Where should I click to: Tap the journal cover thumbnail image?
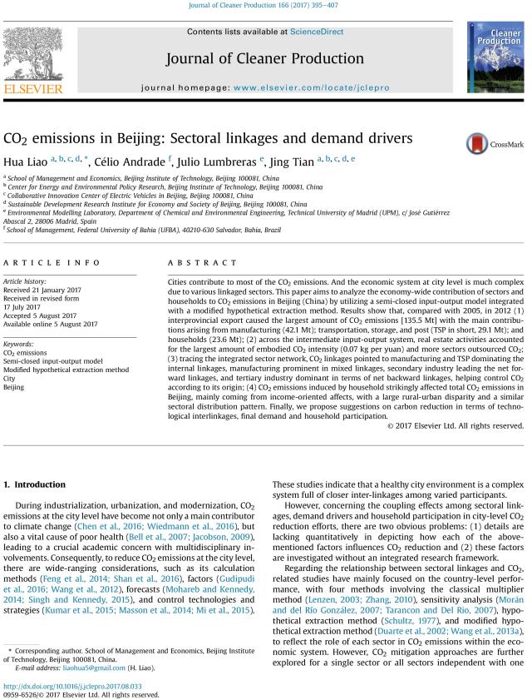coord(495,58)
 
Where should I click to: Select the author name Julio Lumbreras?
coord(220,161)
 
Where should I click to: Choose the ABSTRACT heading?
coord(192,261)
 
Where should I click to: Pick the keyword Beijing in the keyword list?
coord(14,387)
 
